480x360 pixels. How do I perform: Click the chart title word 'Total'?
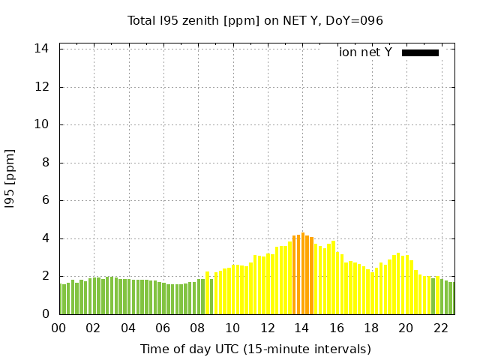point(143,21)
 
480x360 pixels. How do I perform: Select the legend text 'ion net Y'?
point(365,52)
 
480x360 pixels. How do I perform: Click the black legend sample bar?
point(420,52)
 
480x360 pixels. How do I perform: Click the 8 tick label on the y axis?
point(45,163)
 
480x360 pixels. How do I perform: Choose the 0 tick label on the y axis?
point(45,314)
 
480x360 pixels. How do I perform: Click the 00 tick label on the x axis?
point(58,328)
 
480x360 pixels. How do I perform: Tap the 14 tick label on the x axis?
point(301,328)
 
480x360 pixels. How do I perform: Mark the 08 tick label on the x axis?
point(197,328)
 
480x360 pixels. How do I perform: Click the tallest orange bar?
point(303,274)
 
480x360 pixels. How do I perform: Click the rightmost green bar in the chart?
point(451,298)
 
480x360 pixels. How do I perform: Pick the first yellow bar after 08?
point(207,293)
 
